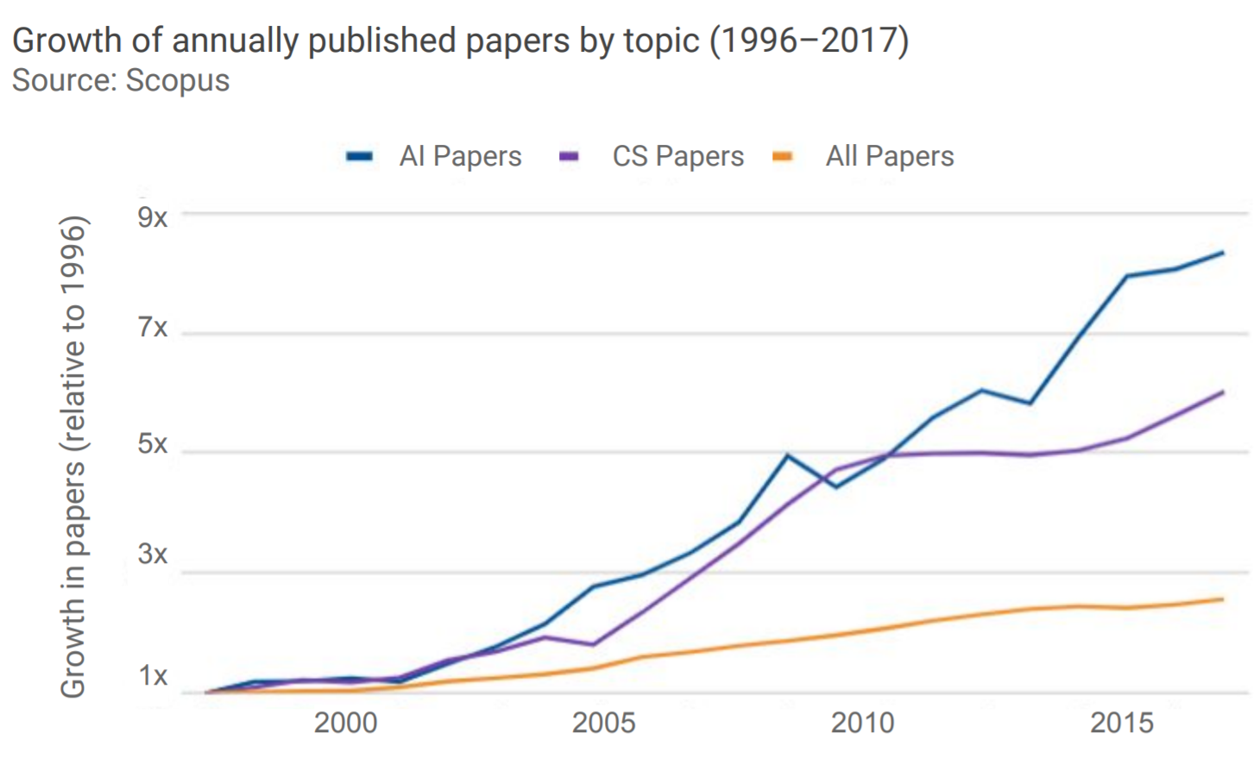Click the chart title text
pyautogui.click(x=460, y=41)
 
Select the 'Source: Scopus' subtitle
pyautogui.click(x=121, y=80)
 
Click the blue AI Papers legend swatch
pyautogui.click(x=359, y=156)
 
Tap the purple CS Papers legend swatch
pyautogui.click(x=569, y=156)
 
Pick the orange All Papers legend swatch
pyautogui.click(x=783, y=156)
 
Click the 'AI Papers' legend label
pyautogui.click(x=460, y=156)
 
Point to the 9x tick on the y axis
pyautogui.click(x=153, y=216)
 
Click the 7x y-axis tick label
pyautogui.click(x=153, y=328)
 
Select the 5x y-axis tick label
pyautogui.click(x=153, y=443)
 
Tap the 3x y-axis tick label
pyautogui.click(x=153, y=554)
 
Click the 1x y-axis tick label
pyautogui.click(x=153, y=676)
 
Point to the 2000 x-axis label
pyautogui.click(x=345, y=722)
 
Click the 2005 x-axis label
pyautogui.click(x=603, y=722)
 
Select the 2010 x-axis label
pyautogui.click(x=862, y=722)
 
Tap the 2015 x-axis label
pyautogui.click(x=1121, y=722)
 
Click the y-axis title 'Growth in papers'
pyautogui.click(x=72, y=457)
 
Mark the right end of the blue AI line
pyautogui.click(x=1223, y=253)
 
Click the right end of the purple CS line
pyautogui.click(x=1223, y=392)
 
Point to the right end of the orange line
pyautogui.click(x=1223, y=598)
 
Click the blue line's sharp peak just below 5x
pyautogui.click(x=786, y=455)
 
